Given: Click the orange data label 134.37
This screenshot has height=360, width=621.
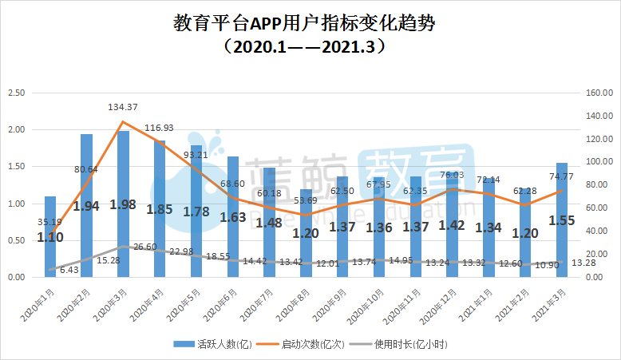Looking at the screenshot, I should click(124, 107).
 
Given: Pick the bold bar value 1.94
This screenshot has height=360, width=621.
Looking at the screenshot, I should click(86, 206).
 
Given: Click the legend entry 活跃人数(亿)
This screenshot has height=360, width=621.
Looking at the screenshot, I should click(215, 344).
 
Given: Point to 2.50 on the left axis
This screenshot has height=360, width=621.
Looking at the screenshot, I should click(16, 93).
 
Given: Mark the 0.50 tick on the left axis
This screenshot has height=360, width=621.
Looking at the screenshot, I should click(16, 240).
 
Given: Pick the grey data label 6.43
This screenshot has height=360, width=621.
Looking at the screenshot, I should click(69, 271).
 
